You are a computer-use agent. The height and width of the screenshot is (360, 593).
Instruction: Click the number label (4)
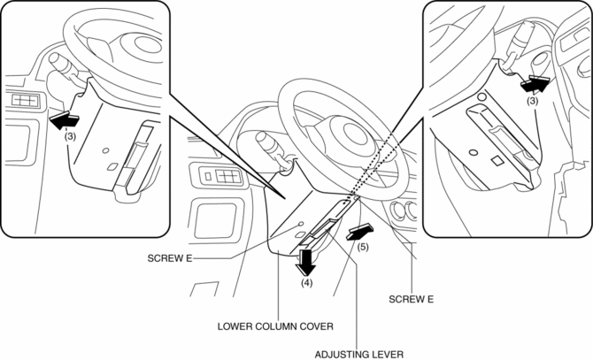tap(306, 284)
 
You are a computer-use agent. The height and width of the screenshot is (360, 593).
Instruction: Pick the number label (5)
tap(362, 247)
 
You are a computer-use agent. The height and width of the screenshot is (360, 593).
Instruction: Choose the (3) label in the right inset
tap(531, 101)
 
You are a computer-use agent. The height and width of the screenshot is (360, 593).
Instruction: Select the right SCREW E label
tap(411, 299)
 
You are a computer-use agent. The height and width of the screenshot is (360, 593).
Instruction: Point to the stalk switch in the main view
tap(265, 141)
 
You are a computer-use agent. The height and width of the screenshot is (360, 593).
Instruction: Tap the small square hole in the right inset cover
tap(497, 160)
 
